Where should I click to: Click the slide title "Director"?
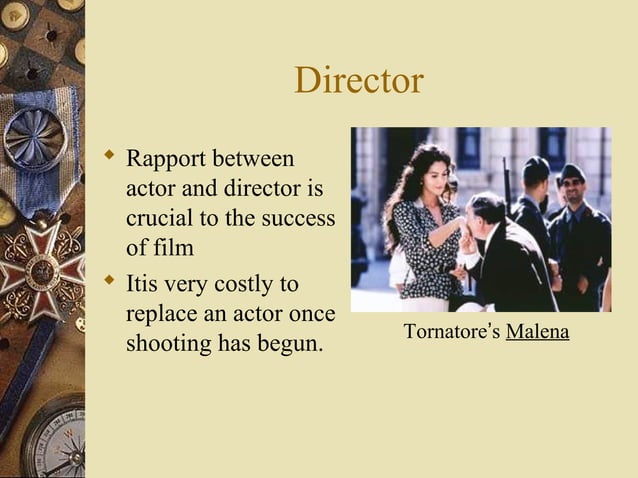(359, 82)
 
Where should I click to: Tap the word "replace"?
(163, 313)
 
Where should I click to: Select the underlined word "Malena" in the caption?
(537, 332)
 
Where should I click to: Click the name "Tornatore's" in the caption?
(451, 332)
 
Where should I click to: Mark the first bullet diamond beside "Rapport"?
(109, 156)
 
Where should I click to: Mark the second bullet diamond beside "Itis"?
(109, 282)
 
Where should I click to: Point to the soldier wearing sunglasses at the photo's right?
(573, 186)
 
